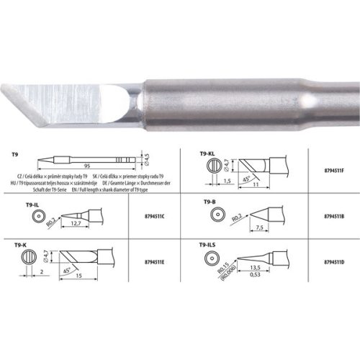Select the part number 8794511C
pos(148,215)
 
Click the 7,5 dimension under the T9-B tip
pos(259,228)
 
